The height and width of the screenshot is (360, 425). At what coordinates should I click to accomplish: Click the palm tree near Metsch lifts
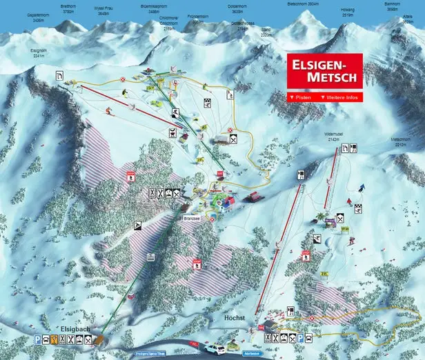[x=320, y=217]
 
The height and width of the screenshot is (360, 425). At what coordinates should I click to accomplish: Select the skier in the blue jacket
[x=362, y=188]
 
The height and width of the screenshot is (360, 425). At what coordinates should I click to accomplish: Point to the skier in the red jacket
[x=350, y=201]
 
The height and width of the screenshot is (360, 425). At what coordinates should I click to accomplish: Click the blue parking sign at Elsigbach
[x=37, y=339]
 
